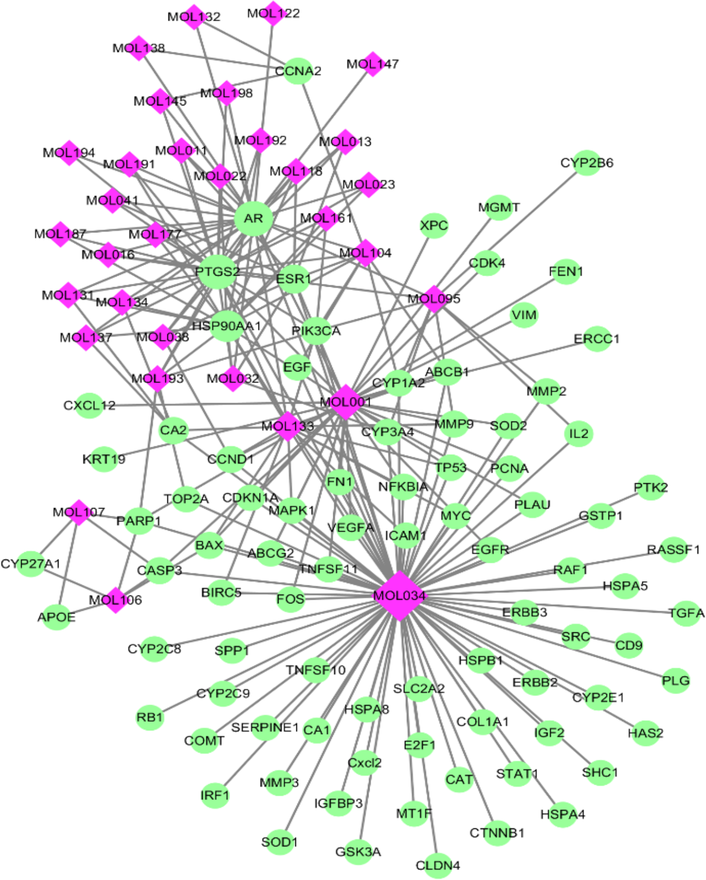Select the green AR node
[254, 218]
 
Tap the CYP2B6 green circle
[586, 163]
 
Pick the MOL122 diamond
[273, 13]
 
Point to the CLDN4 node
[437, 865]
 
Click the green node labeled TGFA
[686, 613]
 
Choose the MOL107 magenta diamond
[79, 512]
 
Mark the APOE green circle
[56, 617]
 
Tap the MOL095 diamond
[434, 299]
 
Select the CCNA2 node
[298, 71]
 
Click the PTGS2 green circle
[218, 272]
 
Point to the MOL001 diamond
[345, 402]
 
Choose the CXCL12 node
[89, 405]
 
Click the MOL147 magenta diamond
[372, 64]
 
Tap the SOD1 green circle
[279, 842]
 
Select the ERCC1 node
[596, 339]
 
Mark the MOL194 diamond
[69, 153]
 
